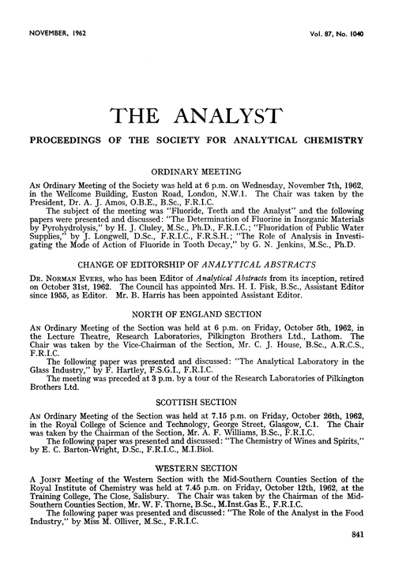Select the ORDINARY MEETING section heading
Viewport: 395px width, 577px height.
[197, 170]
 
